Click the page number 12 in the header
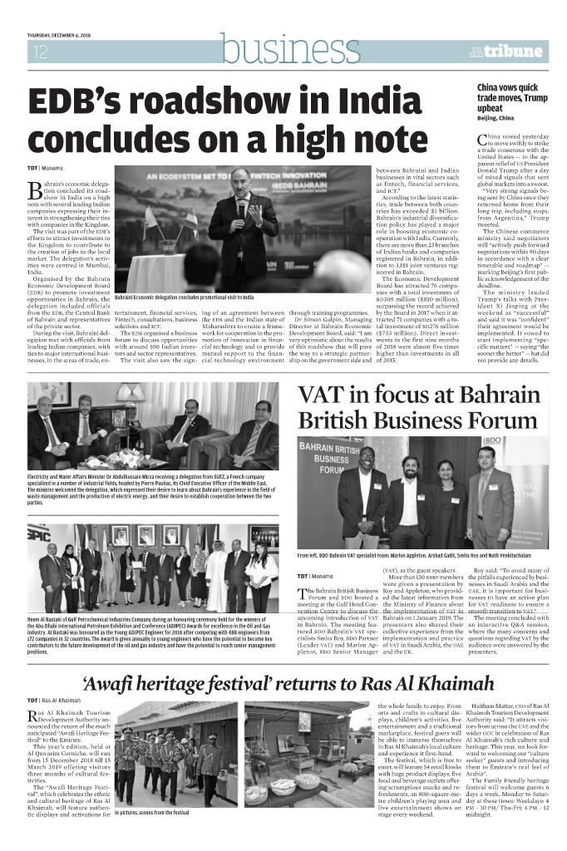[40, 52]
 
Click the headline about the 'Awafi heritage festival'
[283, 686]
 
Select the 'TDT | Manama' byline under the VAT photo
[315, 576]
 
